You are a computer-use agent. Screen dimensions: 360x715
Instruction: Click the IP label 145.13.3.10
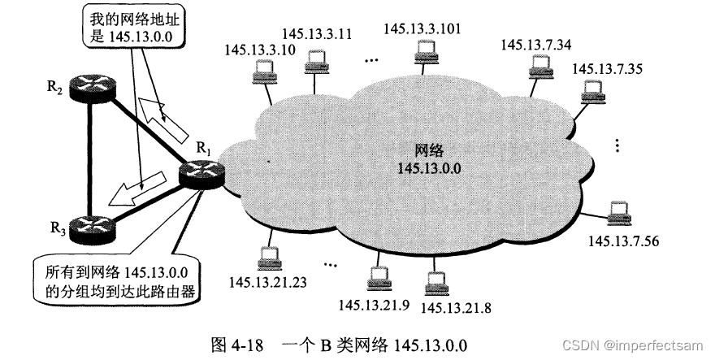click(254, 49)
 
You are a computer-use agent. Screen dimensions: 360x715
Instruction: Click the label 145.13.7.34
click(536, 45)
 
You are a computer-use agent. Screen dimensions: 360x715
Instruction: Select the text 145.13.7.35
click(607, 67)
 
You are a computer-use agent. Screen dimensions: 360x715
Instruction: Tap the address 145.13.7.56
click(623, 241)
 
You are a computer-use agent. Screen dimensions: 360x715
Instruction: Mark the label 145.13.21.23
click(268, 282)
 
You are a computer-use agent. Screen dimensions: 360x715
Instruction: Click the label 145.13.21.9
click(375, 306)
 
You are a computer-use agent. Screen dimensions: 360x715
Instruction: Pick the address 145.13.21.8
click(457, 307)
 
